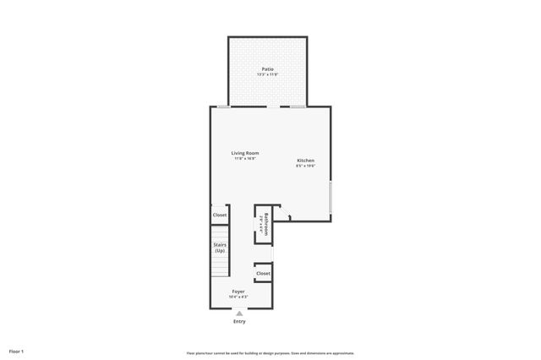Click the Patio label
pyautogui.click(x=267, y=68)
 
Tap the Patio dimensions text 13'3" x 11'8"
pyautogui.click(x=267, y=74)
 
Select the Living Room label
pyautogui.click(x=245, y=153)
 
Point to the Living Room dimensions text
pyautogui.click(x=245, y=159)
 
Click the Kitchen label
pyautogui.click(x=305, y=160)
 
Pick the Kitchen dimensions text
pyautogui.click(x=305, y=166)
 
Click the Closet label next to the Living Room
pyautogui.click(x=220, y=215)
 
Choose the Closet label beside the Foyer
pyautogui.click(x=263, y=274)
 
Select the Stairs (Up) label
pyautogui.click(x=220, y=248)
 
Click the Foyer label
pyautogui.click(x=239, y=291)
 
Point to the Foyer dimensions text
pyautogui.click(x=239, y=297)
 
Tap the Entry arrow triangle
pyautogui.click(x=239, y=313)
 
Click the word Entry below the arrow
pyautogui.click(x=239, y=321)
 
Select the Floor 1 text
pyautogui.click(x=16, y=350)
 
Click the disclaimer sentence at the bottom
pyautogui.click(x=270, y=352)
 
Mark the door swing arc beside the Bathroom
pyautogui.click(x=286, y=216)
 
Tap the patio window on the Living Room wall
pyautogui.click(x=223, y=106)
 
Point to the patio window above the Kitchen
pyautogui.click(x=298, y=106)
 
